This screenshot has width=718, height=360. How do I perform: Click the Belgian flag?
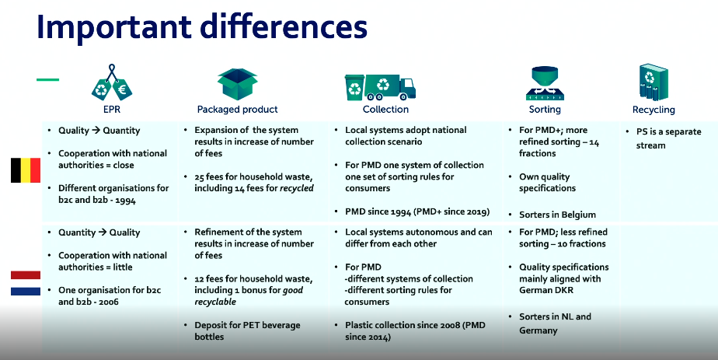click(26, 170)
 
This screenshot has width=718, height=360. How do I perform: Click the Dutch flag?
click(26, 283)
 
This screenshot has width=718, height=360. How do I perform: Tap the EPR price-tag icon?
click(111, 83)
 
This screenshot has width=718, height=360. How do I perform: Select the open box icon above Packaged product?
click(237, 84)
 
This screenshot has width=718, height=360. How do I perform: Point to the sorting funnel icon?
click(545, 83)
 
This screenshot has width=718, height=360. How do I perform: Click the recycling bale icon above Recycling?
click(654, 82)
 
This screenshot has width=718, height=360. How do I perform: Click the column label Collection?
click(385, 109)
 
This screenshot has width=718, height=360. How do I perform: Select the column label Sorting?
click(545, 110)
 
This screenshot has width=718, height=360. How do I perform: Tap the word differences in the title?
click(284, 26)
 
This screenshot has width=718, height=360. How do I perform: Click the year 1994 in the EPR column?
click(125, 200)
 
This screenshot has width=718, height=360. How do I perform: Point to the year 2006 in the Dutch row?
click(108, 302)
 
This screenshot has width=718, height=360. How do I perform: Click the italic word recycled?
click(297, 188)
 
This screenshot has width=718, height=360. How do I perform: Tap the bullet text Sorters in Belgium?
click(557, 215)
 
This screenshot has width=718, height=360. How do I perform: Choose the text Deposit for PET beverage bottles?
click(247, 330)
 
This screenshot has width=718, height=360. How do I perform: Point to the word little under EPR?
click(122, 267)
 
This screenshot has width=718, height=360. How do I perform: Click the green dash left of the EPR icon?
click(47, 79)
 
